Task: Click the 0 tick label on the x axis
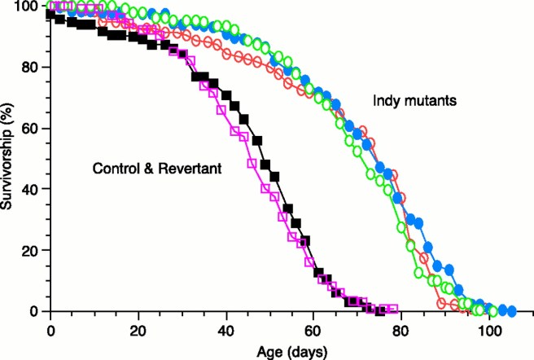coord(50,331)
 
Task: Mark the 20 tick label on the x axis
coord(138,331)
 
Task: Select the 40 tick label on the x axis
coord(225,331)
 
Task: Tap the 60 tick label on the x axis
coord(313,331)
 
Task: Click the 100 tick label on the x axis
coord(489,331)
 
